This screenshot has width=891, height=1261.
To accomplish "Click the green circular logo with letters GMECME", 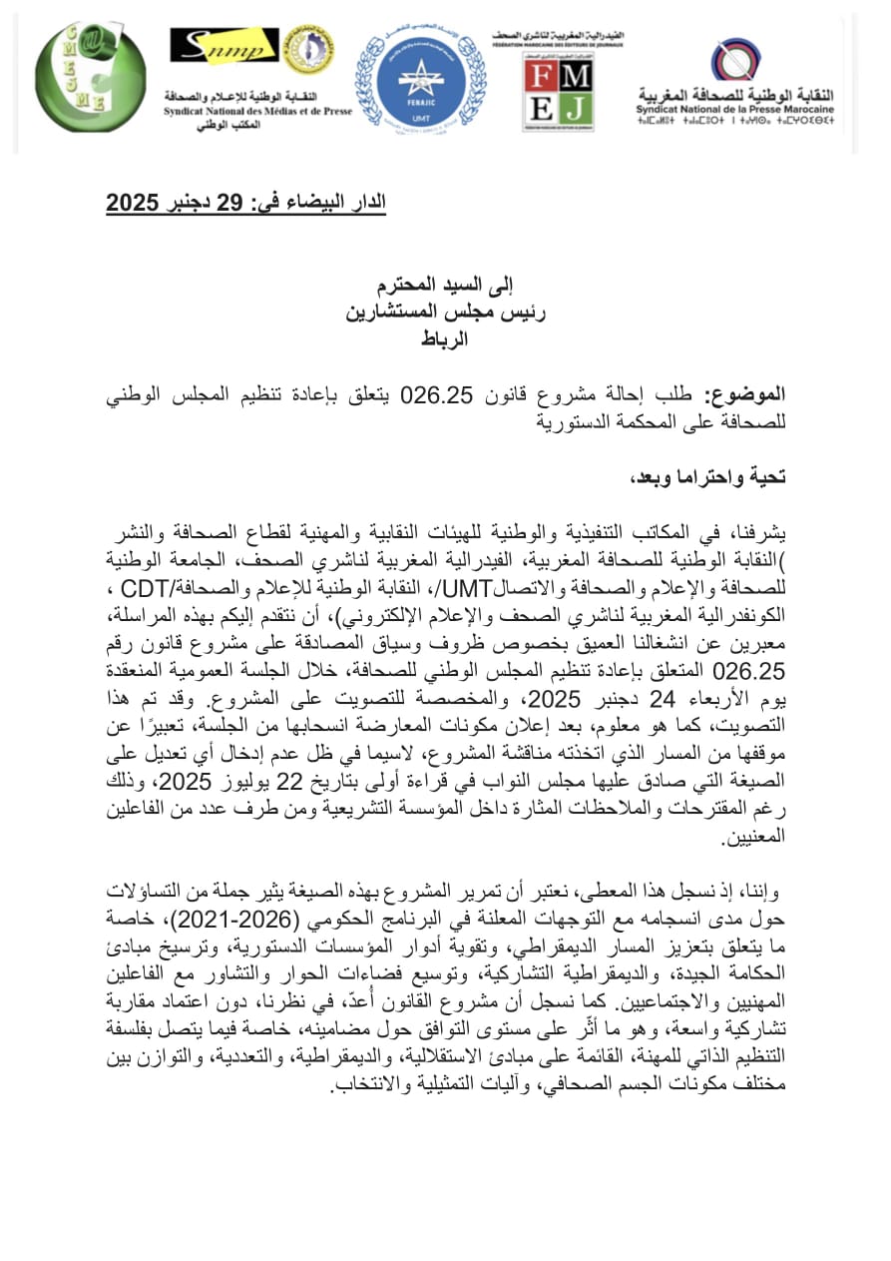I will tap(90, 76).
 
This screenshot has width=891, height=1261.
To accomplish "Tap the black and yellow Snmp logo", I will tap(223, 45).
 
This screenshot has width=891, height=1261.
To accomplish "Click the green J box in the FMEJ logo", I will tap(577, 108).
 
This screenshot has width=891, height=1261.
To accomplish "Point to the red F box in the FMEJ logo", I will tap(543, 77).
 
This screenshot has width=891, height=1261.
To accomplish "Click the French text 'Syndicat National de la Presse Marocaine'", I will tap(736, 108).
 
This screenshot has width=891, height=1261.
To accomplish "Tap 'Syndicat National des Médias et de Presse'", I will tap(258, 112).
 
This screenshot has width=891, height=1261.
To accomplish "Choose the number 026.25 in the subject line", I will tap(436, 395).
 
